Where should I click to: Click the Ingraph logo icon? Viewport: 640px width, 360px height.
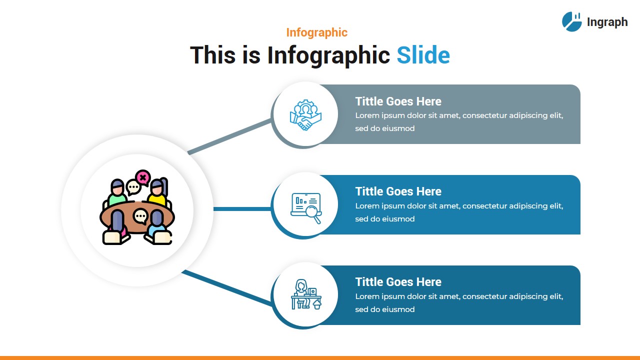click(x=572, y=22)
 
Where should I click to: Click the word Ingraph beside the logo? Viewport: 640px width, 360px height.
click(x=607, y=22)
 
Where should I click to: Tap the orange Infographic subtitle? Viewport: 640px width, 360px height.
click(x=316, y=32)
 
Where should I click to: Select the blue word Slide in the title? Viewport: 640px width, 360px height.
click(x=423, y=55)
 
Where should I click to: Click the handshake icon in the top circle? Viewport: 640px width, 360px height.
click(x=305, y=115)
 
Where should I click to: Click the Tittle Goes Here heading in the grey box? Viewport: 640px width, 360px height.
click(x=398, y=101)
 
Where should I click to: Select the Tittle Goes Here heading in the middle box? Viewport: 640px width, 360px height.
click(x=398, y=191)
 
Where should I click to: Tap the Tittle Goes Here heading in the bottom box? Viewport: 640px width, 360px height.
click(x=398, y=282)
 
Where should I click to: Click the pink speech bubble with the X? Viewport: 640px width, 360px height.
click(x=143, y=177)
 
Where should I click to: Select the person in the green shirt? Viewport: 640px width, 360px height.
click(x=117, y=194)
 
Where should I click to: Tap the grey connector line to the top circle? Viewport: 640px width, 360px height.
click(x=230, y=136)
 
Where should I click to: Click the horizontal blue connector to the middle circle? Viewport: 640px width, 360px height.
click(x=242, y=208)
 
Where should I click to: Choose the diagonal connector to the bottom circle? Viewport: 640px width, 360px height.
click(x=227, y=287)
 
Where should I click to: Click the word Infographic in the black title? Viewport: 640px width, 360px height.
click(x=328, y=55)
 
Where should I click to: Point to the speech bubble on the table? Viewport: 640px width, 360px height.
click(x=140, y=216)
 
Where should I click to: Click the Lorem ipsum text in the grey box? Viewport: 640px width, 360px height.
click(x=459, y=122)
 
